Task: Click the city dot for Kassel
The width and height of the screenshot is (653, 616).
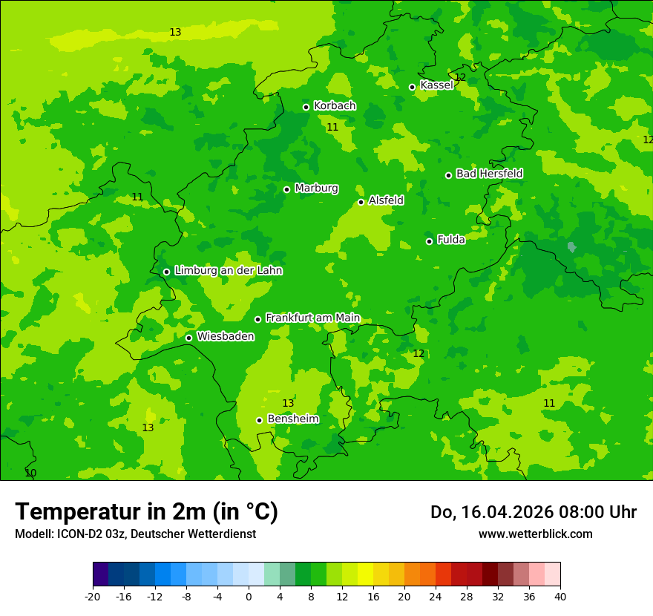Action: (412, 87)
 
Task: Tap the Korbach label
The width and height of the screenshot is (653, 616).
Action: (335, 106)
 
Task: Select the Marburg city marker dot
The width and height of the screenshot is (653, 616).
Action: (286, 189)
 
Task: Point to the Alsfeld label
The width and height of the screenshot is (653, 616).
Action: (386, 200)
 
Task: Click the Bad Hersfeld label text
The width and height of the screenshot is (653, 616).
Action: (489, 174)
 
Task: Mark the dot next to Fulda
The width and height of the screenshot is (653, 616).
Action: (429, 241)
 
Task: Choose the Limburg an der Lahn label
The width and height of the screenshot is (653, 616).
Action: (228, 271)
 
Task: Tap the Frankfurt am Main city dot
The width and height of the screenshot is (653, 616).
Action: (257, 319)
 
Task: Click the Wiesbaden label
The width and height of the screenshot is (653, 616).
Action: (226, 337)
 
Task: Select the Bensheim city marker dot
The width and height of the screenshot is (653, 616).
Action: (259, 420)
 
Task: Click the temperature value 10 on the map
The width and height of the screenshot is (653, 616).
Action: (30, 473)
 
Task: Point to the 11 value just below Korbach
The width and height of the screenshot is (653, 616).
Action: (332, 128)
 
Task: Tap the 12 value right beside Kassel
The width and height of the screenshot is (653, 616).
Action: (460, 77)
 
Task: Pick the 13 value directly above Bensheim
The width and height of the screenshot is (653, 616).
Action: (288, 404)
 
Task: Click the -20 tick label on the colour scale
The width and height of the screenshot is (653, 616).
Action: (93, 597)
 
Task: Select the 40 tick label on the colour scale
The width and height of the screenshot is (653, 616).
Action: (560, 597)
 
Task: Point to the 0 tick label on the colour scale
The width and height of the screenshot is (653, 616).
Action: (249, 597)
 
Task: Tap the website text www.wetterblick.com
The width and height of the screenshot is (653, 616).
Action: (535, 534)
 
